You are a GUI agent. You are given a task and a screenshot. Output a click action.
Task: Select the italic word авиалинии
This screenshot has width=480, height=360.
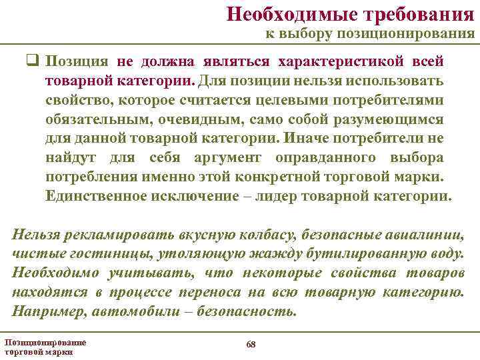433,235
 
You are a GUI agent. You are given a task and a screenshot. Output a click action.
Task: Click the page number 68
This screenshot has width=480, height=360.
250,344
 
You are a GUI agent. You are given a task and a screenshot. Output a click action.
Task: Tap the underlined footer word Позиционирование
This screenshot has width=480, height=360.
45,342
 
